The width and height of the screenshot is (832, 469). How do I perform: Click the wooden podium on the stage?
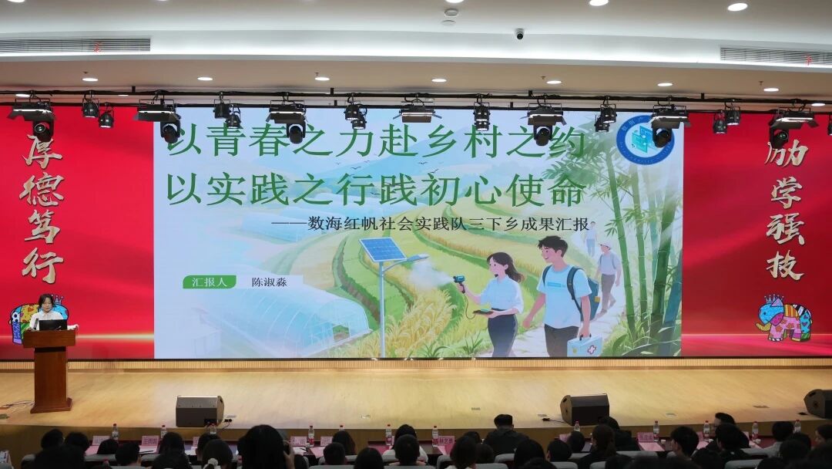50,370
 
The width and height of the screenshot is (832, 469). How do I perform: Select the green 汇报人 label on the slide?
210,282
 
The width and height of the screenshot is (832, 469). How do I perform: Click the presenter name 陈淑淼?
269,282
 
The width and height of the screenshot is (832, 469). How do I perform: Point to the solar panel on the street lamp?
382,249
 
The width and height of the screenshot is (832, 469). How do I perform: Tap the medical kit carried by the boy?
585,346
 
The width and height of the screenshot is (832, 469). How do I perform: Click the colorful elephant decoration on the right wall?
784,318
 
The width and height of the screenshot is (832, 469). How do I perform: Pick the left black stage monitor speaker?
199,411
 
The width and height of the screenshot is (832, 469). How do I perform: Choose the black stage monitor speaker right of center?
585,409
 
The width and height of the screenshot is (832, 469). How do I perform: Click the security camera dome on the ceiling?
519,34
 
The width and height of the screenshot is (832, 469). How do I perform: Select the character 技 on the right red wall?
785,265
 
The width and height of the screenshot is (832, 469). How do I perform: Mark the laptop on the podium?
52,325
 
